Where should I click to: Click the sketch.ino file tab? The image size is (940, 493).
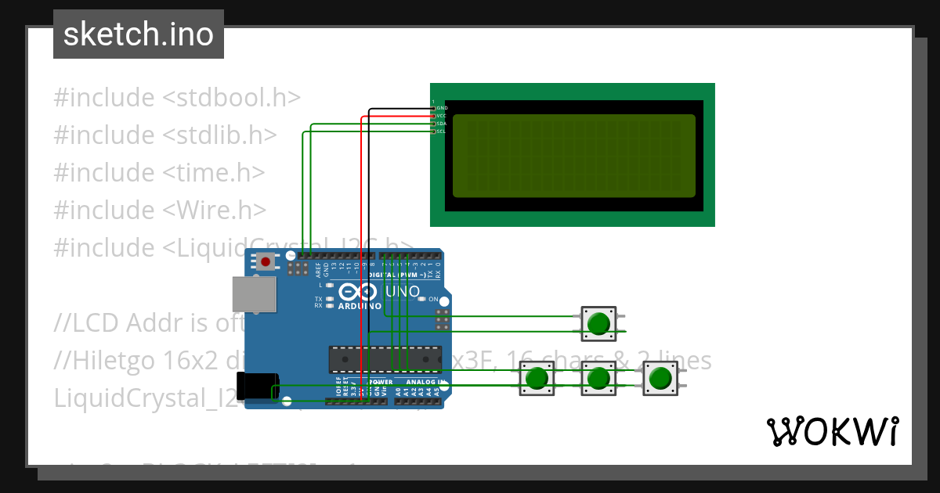point(138,34)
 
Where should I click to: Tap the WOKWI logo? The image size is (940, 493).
point(832,431)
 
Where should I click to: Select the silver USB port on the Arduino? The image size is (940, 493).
point(255,293)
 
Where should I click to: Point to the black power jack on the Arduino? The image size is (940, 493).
point(258,387)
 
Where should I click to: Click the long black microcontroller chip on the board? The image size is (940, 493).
point(385,358)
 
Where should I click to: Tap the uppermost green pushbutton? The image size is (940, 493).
point(599,323)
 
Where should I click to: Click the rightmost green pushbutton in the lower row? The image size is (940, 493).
point(660,379)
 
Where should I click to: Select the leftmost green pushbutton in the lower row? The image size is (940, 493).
point(537,379)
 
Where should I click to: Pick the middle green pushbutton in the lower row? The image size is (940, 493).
point(598,379)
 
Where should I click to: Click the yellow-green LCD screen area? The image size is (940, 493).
point(573,156)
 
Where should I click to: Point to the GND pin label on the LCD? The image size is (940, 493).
point(441,107)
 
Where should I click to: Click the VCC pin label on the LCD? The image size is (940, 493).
point(441,116)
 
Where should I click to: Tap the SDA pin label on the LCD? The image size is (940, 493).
point(441,124)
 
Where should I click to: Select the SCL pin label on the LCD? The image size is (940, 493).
point(441,131)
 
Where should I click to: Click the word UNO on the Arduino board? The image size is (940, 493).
point(405,291)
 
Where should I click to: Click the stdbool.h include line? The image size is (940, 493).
point(177,98)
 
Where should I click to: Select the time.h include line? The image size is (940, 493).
point(159,173)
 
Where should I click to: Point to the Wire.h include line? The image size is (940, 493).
point(160,210)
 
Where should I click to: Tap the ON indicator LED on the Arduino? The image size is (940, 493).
point(423,299)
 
